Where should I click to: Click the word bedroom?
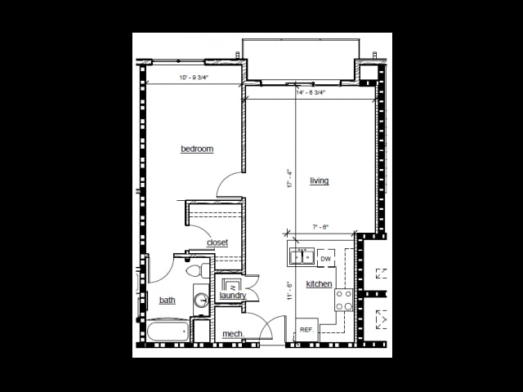(x=197, y=149)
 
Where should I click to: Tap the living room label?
(x=319, y=180)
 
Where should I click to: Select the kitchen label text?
(x=319, y=284)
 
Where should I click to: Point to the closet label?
(x=217, y=243)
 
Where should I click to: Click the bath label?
(x=167, y=300)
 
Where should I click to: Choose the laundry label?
(x=233, y=296)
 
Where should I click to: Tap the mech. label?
(x=233, y=334)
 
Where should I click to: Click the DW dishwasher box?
(x=325, y=259)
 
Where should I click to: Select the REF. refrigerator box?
(x=306, y=330)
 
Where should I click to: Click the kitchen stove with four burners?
(x=344, y=301)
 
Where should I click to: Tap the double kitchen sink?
(x=302, y=258)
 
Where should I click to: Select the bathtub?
(x=168, y=332)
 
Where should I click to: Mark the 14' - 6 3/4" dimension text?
(x=311, y=92)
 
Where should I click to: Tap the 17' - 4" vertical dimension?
(x=288, y=179)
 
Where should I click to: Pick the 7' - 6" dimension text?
(x=320, y=227)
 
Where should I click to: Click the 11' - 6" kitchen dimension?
(x=288, y=292)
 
